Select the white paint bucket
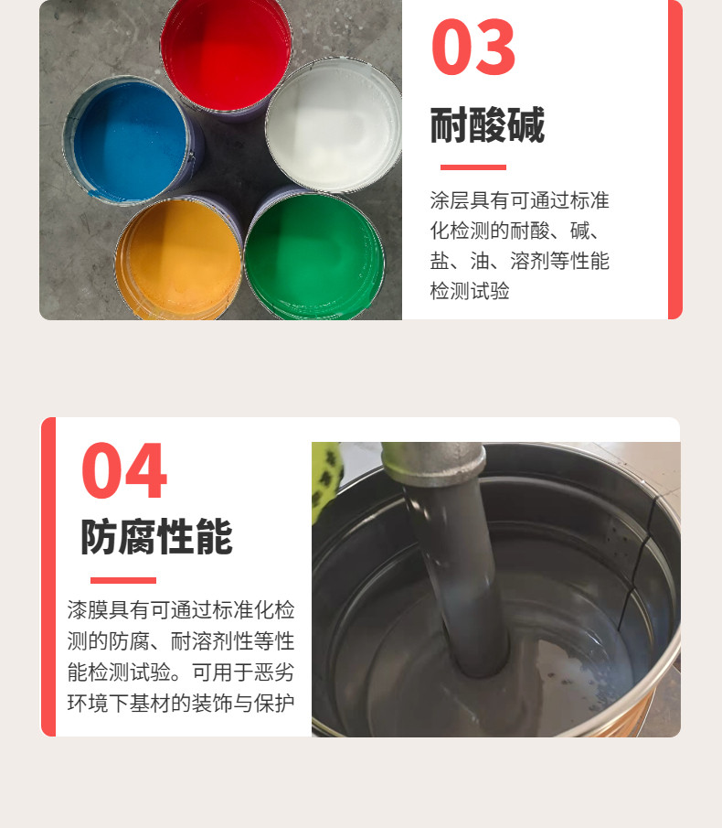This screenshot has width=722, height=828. click(x=334, y=125)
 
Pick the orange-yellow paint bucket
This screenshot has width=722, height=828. click(x=178, y=259)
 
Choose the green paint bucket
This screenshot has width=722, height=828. click(x=314, y=257)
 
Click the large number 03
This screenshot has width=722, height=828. click(x=473, y=47)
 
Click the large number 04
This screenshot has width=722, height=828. click(x=124, y=470)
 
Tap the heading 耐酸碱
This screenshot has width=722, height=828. click(x=487, y=125)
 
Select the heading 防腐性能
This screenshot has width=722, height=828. click(x=156, y=536)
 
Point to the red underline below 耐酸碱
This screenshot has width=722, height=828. click(x=473, y=167)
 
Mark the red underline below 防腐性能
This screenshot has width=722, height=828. click(x=123, y=580)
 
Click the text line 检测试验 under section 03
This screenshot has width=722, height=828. click(x=470, y=291)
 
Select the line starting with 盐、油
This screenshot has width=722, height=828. click(x=519, y=261)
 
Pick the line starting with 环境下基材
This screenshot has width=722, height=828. click(x=181, y=703)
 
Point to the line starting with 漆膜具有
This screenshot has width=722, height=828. click(x=181, y=610)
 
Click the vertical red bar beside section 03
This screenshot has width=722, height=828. click(x=675, y=159)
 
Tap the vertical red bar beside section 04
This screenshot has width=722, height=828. click(x=48, y=576)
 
